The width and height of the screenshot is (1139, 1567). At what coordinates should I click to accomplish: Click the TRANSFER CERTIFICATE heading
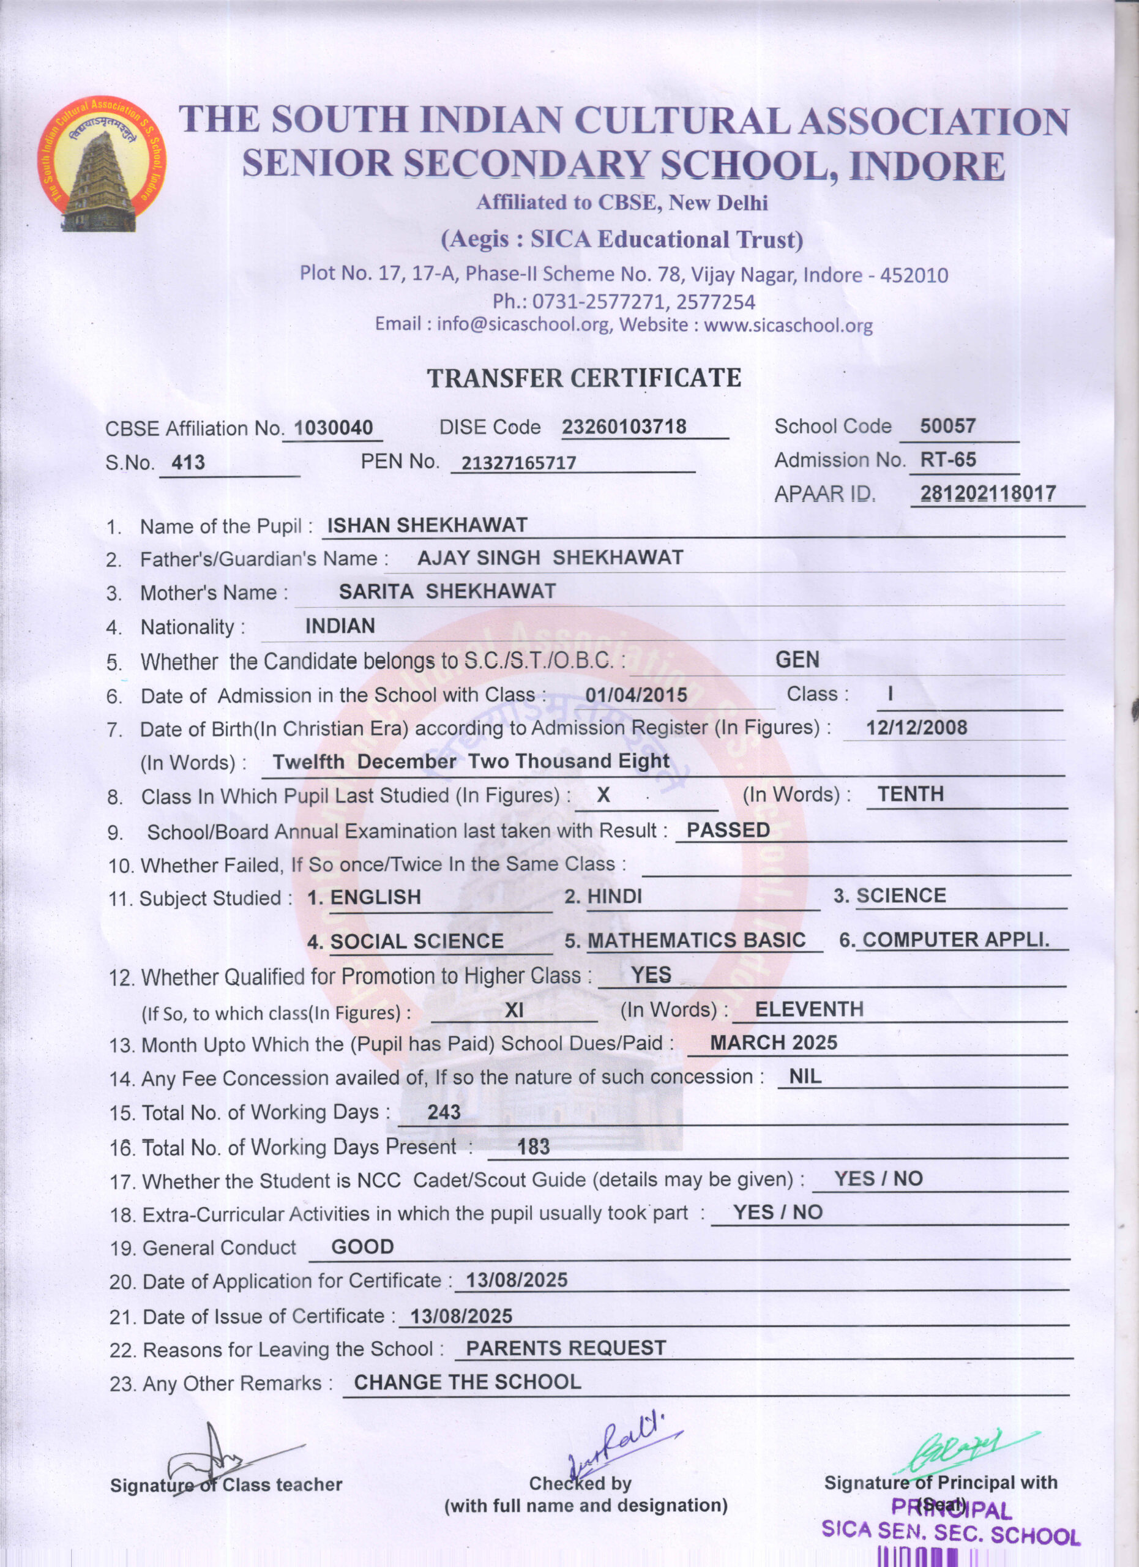click(x=584, y=378)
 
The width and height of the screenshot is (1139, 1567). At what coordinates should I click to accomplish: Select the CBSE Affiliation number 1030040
click(x=333, y=428)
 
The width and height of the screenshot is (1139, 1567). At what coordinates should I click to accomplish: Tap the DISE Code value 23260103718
click(x=624, y=427)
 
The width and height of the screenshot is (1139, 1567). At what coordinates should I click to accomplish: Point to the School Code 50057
click(x=947, y=425)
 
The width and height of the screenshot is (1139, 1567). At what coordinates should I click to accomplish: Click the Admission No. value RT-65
click(x=947, y=460)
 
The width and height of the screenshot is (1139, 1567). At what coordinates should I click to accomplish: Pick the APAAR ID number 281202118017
click(x=988, y=493)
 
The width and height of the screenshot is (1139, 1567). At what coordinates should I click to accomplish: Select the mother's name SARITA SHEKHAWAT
click(x=447, y=591)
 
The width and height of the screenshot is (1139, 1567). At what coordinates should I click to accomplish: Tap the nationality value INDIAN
click(x=340, y=626)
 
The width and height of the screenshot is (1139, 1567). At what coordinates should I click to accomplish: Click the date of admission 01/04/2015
click(x=636, y=695)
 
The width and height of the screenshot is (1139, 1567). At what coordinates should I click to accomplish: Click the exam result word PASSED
click(x=728, y=830)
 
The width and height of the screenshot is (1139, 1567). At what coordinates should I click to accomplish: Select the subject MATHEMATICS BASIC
click(x=696, y=940)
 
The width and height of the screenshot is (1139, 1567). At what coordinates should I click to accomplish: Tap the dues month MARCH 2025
click(x=774, y=1042)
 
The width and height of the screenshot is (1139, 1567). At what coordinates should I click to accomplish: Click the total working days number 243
click(x=444, y=1112)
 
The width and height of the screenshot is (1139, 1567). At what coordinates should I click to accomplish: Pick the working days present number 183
click(x=533, y=1147)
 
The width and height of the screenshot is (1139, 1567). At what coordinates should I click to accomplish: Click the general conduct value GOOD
click(x=362, y=1247)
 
